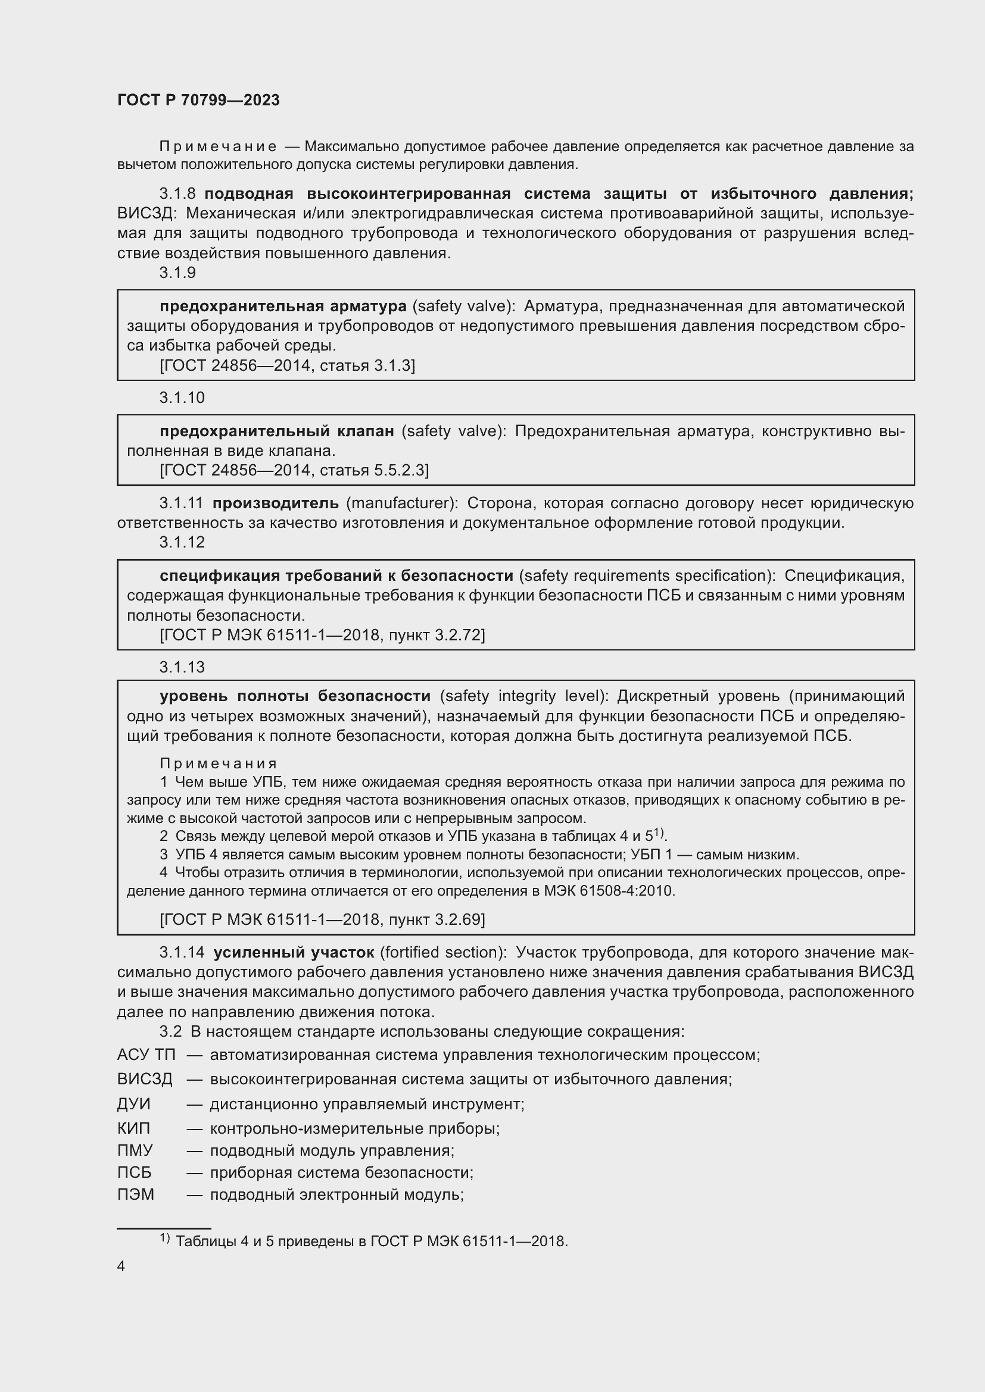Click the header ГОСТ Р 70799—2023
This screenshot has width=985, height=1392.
point(198,100)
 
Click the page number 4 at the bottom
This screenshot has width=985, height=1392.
point(121,1266)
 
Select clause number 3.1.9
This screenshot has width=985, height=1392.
point(177,273)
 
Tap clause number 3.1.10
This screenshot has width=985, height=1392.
point(182,398)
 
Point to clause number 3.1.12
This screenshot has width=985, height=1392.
point(182,542)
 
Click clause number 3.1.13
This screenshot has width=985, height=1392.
point(182,667)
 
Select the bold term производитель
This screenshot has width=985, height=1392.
point(275,503)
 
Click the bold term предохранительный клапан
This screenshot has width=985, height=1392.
point(276,431)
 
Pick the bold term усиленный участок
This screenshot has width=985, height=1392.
point(294,952)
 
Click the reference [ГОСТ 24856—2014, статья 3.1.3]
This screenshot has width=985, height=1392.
point(288,365)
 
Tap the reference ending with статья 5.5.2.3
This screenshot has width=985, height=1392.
point(294,470)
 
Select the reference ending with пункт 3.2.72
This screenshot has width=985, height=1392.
point(322,635)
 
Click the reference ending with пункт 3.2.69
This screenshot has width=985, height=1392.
point(322,919)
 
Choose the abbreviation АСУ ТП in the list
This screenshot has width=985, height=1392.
point(146,1055)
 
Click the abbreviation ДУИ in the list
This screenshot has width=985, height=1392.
point(133,1103)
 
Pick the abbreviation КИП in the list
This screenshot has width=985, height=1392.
point(133,1128)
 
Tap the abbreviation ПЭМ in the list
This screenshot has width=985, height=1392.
point(136,1194)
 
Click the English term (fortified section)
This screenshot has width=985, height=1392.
point(444,952)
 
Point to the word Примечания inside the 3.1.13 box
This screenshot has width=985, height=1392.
point(219,764)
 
